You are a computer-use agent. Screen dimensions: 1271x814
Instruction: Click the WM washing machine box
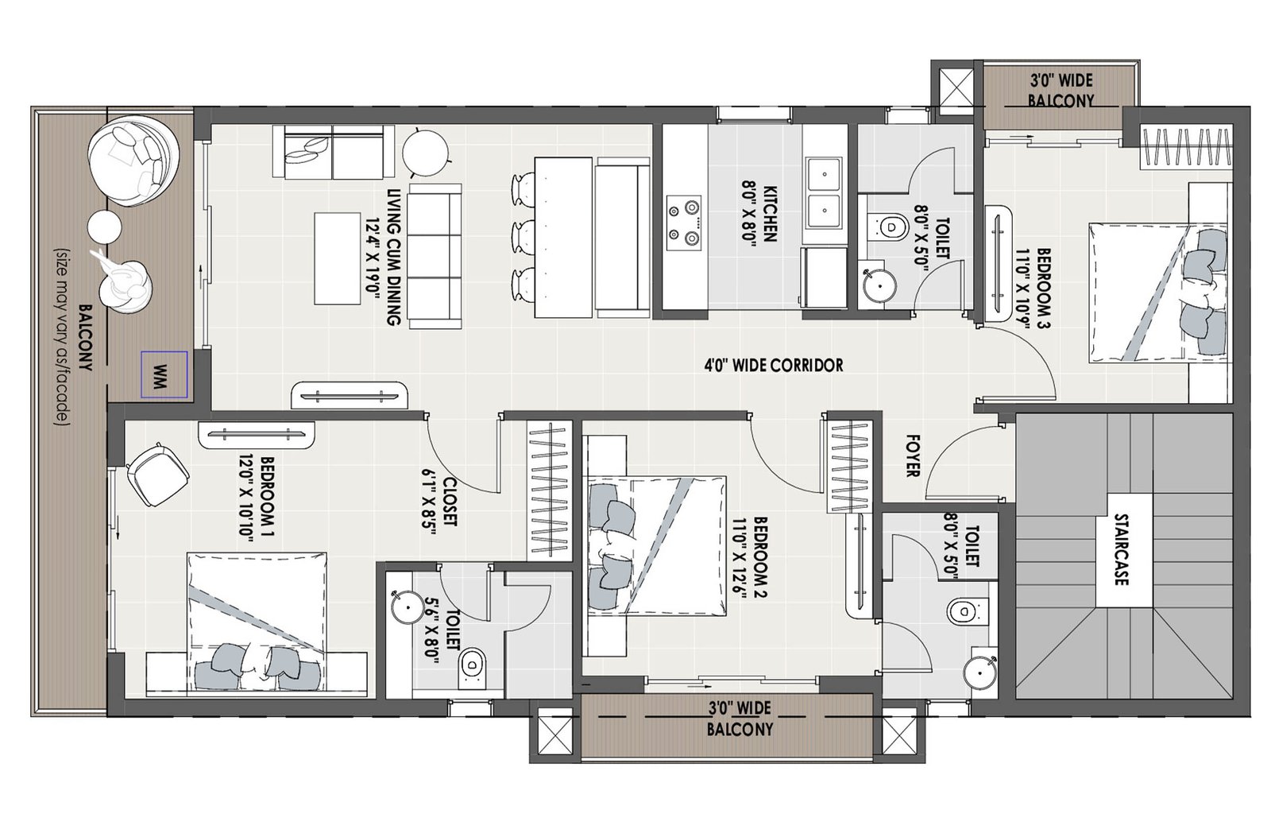pos(164,374)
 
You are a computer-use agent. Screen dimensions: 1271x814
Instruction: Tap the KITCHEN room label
pos(770,213)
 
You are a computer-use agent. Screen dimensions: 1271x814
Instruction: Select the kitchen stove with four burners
pos(684,223)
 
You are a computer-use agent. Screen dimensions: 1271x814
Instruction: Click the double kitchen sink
pos(825,192)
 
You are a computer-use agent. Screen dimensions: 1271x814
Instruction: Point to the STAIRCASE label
pos(1121,549)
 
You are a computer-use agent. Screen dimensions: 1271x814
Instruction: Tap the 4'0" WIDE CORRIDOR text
pos(774,365)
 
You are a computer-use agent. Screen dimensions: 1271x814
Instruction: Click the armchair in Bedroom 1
pos(158,474)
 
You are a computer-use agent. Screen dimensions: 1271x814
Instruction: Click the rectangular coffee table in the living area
pos(338,259)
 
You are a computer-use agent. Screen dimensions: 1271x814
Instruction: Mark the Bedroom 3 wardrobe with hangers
pos(1185,148)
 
